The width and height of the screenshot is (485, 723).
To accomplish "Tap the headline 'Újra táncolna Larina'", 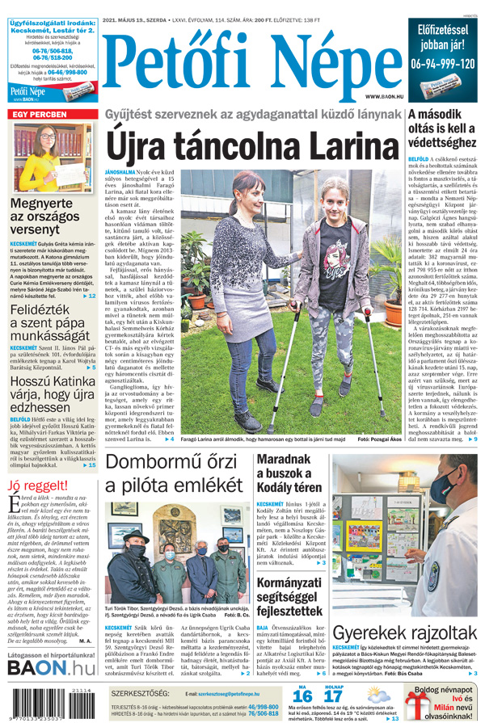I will (x=253, y=145).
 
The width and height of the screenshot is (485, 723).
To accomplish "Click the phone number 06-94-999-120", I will (x=443, y=62).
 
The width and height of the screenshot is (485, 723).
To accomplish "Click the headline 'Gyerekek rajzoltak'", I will (x=405, y=633).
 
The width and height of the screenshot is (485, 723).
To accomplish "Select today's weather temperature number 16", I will (x=302, y=696).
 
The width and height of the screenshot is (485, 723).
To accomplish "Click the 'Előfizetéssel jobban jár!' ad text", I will (x=443, y=36).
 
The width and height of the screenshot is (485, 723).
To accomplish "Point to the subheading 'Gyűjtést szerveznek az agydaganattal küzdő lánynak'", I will (x=253, y=116).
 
